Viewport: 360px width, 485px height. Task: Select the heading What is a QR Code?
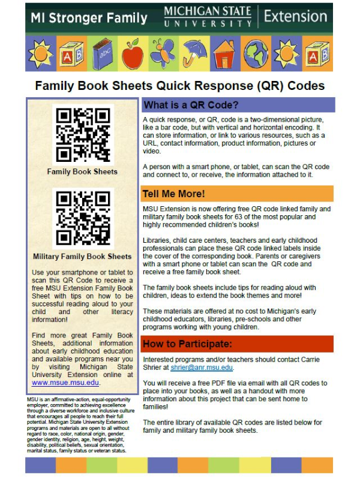point(191,105)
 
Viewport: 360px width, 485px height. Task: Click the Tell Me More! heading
point(174,194)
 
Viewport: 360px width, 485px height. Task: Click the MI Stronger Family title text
point(87,18)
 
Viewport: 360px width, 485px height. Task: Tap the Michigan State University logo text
point(208,17)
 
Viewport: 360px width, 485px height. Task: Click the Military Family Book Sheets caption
point(82,257)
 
